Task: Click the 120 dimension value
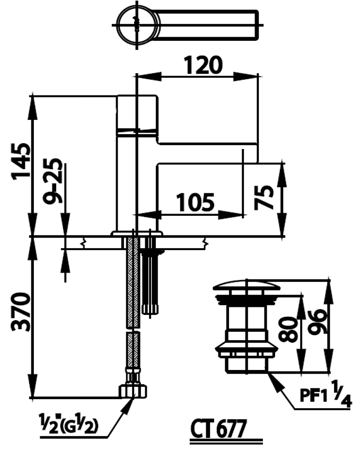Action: coord(203,65)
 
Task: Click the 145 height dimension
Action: coord(21,161)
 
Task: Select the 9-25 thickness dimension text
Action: coord(52,181)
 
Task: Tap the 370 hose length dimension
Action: coord(21,312)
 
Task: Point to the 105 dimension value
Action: coord(195,202)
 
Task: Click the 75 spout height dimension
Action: coord(264,198)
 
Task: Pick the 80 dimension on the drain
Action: coord(288,330)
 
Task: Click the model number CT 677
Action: coord(218,429)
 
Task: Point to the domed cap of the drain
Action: coord(247,286)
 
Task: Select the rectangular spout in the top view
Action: coord(207,25)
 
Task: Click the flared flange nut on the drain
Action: coord(247,347)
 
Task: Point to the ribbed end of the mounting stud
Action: coord(150,310)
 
